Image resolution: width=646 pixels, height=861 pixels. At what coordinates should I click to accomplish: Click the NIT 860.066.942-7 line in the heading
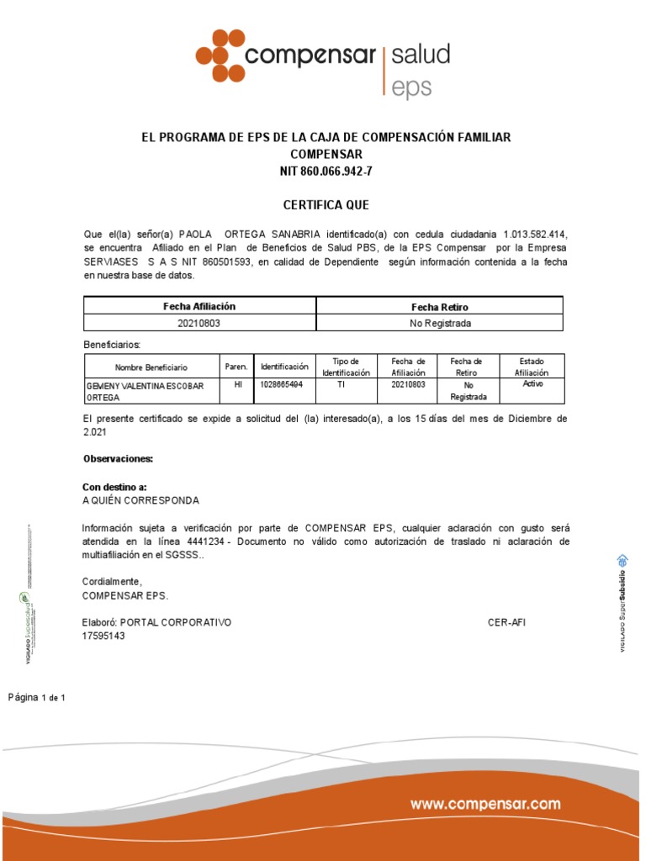click(326, 172)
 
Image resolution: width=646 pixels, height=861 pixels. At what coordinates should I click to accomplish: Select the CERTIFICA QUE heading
click(325, 205)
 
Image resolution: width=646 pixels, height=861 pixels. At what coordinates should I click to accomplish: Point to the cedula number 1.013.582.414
click(541, 233)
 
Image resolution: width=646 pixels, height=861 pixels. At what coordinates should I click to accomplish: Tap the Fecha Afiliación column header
click(199, 307)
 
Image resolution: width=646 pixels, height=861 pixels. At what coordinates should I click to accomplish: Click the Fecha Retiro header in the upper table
click(439, 307)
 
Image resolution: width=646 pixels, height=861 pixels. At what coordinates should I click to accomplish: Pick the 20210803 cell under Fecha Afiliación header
click(199, 323)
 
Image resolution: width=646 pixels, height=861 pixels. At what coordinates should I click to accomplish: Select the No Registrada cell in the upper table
click(439, 323)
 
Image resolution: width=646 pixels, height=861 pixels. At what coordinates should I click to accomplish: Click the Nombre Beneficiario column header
click(151, 367)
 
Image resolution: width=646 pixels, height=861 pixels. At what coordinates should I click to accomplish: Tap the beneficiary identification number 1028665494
click(282, 384)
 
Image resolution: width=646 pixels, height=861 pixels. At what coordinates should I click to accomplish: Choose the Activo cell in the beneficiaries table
click(533, 383)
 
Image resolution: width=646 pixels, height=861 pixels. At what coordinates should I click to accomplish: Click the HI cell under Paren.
click(237, 384)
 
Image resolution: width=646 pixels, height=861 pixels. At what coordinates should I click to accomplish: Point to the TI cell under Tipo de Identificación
click(341, 384)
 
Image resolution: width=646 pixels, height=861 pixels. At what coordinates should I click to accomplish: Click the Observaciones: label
click(118, 459)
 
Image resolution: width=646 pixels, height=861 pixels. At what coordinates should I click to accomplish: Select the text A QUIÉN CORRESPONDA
click(140, 500)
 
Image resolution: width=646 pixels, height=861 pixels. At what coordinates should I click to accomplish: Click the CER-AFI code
click(506, 623)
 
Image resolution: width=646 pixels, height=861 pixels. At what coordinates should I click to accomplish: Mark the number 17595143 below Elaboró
click(103, 637)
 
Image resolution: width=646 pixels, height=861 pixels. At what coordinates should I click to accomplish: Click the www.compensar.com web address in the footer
click(485, 805)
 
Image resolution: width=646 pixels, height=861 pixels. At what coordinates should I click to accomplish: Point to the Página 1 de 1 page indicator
click(37, 698)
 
